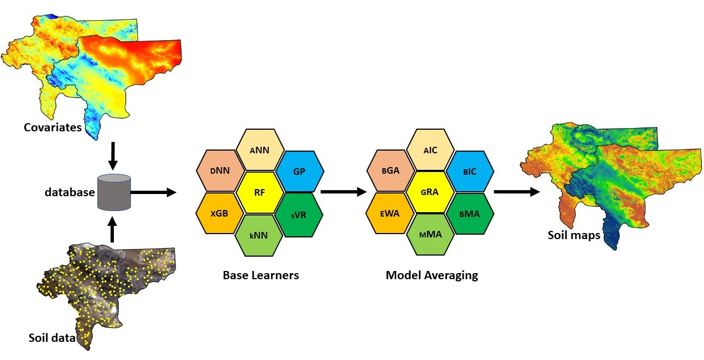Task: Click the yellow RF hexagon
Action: point(260,192)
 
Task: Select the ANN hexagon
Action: point(260,149)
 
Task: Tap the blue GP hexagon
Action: point(299,171)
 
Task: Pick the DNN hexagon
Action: point(219,171)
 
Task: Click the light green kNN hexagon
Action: point(259,235)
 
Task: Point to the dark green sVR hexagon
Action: point(299,214)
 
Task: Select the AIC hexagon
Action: point(430,149)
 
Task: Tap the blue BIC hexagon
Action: point(469,171)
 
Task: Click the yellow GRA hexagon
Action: point(430,192)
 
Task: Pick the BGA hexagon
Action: point(390,171)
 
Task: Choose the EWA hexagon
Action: point(390,214)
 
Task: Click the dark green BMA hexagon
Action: point(469,214)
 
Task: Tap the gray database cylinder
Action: point(114,192)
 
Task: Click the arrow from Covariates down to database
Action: point(113,156)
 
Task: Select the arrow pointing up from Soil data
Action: point(113,230)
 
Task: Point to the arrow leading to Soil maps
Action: point(516,192)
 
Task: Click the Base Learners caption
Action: point(261,275)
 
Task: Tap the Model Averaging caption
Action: point(432,275)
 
